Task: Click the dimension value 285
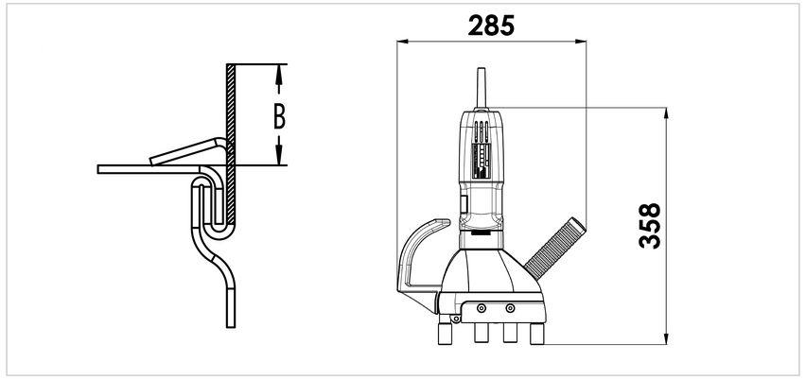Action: tap(491, 26)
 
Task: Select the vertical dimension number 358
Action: tap(649, 226)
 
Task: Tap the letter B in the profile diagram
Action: tap(279, 117)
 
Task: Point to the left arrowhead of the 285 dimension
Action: tap(401, 42)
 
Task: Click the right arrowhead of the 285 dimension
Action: tap(582, 42)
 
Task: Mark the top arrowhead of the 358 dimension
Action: tap(666, 113)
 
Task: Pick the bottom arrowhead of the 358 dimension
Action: tap(666, 338)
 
